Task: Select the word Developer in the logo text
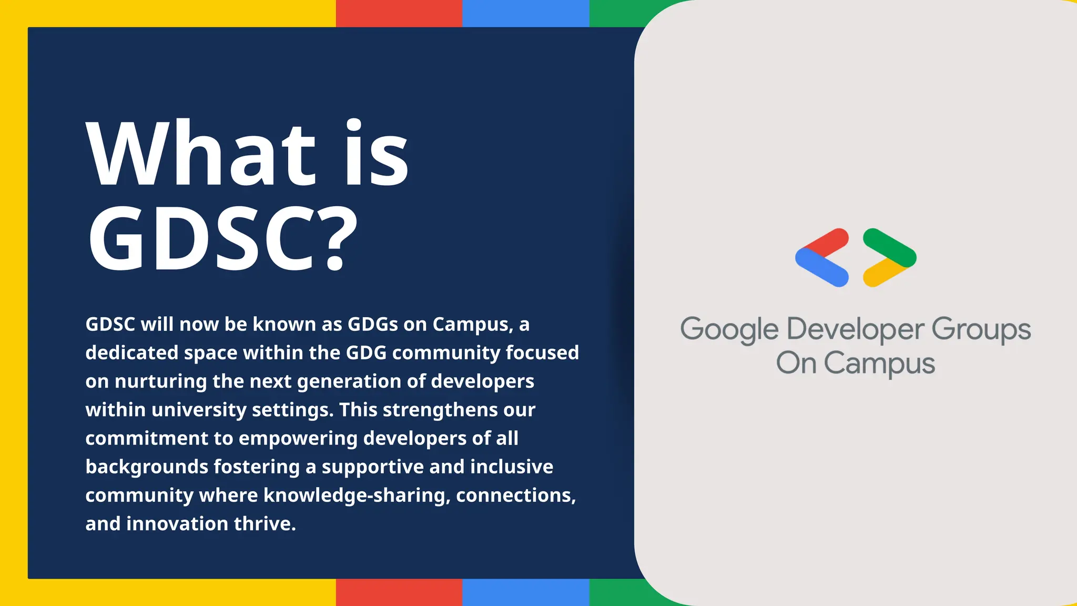855,330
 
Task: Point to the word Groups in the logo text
981,330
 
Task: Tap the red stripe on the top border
399,13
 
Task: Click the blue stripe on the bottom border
525,592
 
